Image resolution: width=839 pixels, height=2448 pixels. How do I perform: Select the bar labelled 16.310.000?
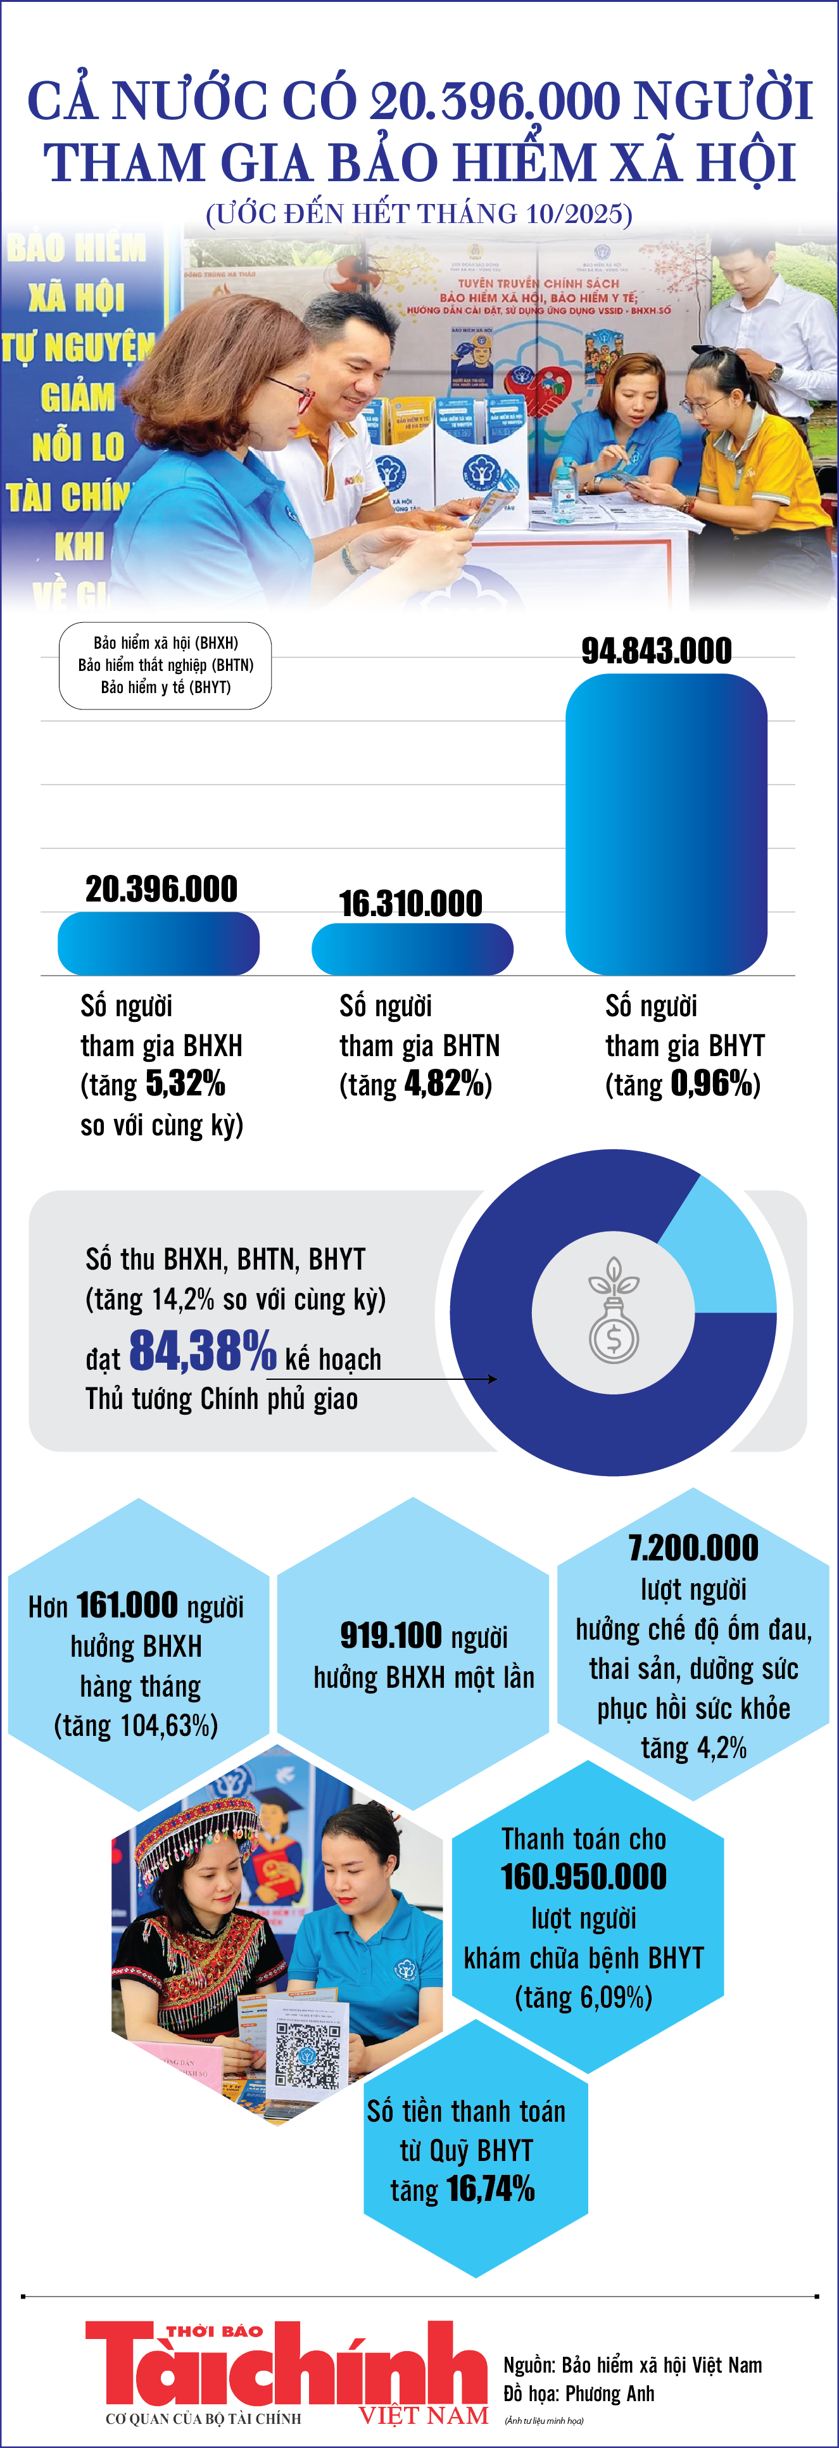[x=412, y=948]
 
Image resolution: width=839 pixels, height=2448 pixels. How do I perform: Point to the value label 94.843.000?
[x=657, y=651]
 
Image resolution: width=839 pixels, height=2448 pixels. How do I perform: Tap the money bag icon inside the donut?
[x=614, y=1311]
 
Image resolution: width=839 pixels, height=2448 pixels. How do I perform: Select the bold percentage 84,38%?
[x=203, y=1351]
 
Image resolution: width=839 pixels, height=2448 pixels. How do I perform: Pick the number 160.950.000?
[x=583, y=1877]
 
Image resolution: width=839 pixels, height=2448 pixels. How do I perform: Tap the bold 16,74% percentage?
[x=490, y=2188]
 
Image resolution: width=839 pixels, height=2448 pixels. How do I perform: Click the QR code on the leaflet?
[x=308, y=2054]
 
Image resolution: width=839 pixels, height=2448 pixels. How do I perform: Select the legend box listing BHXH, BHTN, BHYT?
[x=165, y=665]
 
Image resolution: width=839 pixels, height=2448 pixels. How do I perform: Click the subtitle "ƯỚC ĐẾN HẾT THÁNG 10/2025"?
[x=419, y=213]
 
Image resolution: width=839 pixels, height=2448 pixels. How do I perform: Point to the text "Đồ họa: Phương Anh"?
[x=579, y=2393]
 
